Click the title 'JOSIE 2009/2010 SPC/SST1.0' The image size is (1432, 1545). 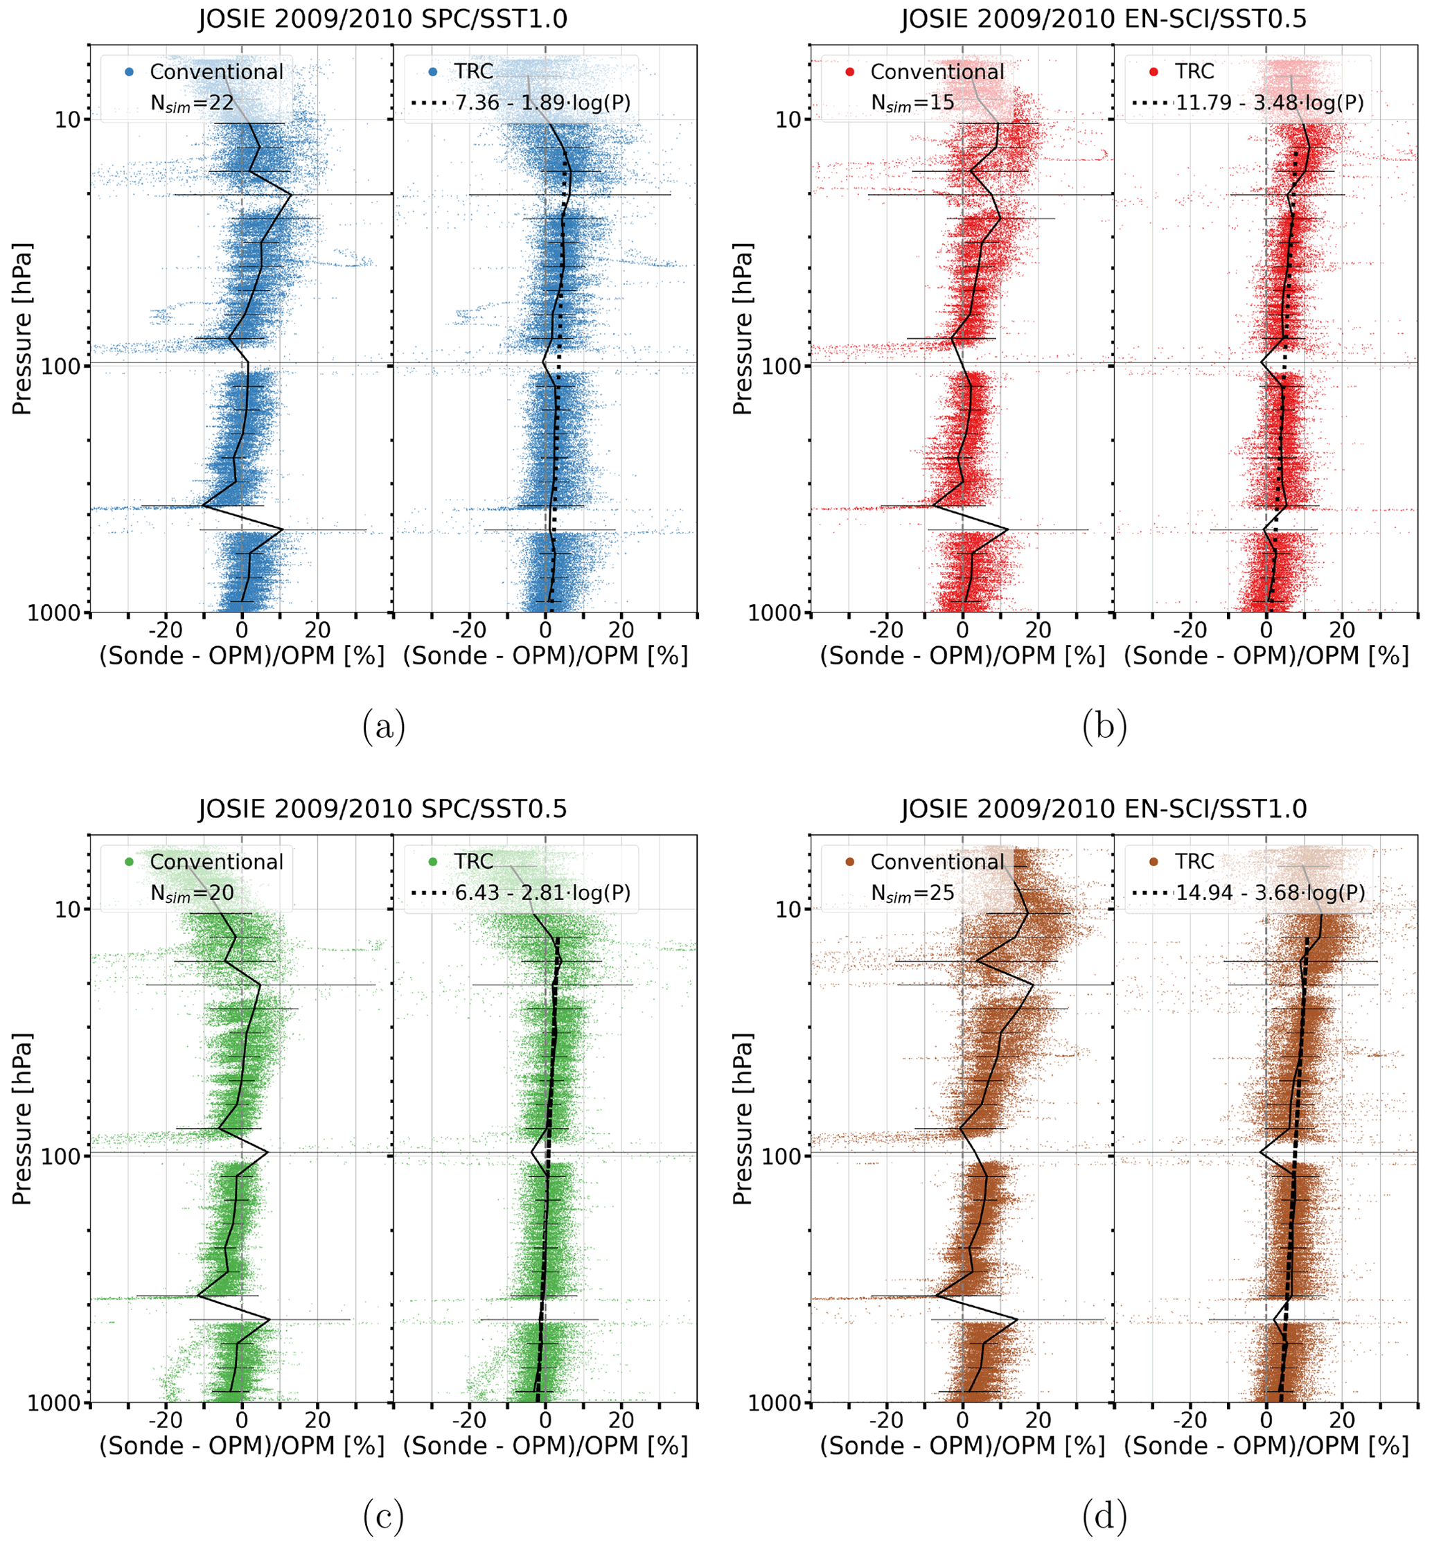[x=383, y=18]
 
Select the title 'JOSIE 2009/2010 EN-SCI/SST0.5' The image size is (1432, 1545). [x=1104, y=18]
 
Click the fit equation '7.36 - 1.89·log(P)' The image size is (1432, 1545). [x=542, y=103]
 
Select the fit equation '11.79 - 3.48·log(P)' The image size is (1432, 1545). [x=1269, y=103]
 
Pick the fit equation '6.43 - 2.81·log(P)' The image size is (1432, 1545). [x=542, y=892]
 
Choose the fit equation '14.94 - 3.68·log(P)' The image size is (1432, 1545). [x=1270, y=892]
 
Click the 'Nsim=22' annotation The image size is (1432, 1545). [x=191, y=103]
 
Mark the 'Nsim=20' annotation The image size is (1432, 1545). [x=191, y=893]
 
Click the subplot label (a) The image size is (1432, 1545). [x=384, y=727]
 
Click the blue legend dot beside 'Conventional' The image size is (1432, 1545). [x=130, y=72]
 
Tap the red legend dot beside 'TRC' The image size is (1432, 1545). [x=1153, y=72]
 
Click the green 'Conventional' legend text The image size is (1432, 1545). [x=216, y=862]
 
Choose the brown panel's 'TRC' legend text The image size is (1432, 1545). [x=1194, y=862]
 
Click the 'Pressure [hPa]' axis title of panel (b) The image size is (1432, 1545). [x=743, y=329]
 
